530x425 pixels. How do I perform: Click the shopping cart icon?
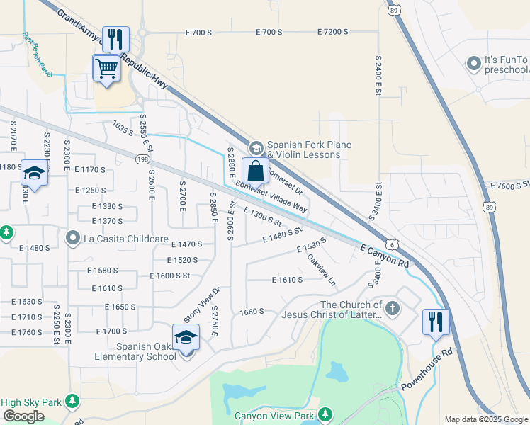[106, 69]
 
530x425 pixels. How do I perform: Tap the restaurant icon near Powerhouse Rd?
[435, 322]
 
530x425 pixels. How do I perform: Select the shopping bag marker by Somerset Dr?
[255, 171]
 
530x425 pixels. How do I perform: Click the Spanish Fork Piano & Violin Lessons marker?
[256, 147]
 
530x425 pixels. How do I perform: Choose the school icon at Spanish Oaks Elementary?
[186, 337]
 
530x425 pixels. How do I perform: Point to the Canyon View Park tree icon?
[325, 414]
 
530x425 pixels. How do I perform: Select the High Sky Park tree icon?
[71, 402]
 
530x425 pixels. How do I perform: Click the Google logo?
[23, 416]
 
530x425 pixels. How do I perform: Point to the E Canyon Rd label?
[385, 256]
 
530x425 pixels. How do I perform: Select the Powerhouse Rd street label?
[427, 370]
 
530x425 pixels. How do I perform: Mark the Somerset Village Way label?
[271, 196]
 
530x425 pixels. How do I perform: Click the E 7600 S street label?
[509, 186]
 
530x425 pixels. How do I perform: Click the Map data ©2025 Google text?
[486, 419]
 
